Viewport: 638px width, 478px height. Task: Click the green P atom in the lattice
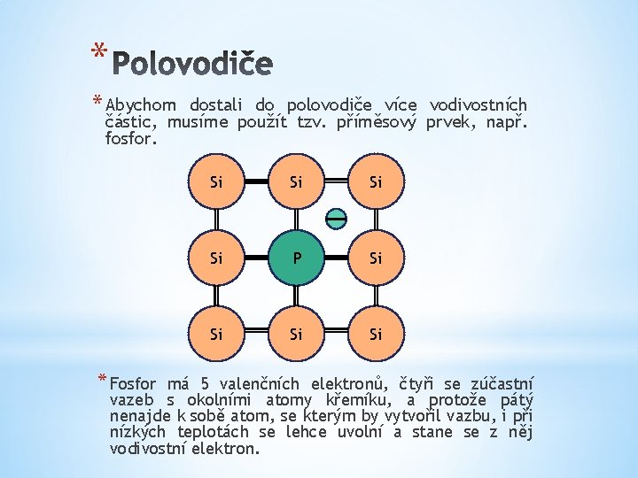click(x=295, y=258)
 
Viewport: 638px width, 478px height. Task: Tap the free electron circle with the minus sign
click(x=336, y=218)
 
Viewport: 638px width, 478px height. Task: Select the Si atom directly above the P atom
click(x=295, y=182)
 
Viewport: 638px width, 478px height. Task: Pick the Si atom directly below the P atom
click(x=295, y=335)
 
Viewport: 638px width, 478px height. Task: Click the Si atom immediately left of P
click(x=215, y=258)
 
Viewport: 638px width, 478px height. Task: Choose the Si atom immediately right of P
click(x=376, y=258)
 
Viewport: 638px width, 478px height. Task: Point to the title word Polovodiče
click(x=194, y=63)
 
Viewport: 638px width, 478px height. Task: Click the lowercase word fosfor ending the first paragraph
click(x=130, y=139)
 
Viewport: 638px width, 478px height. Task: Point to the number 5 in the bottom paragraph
click(x=205, y=384)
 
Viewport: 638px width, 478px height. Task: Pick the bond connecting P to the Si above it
click(x=295, y=220)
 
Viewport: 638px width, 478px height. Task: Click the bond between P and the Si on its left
click(x=255, y=258)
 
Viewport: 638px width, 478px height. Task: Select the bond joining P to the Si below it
click(x=295, y=297)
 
